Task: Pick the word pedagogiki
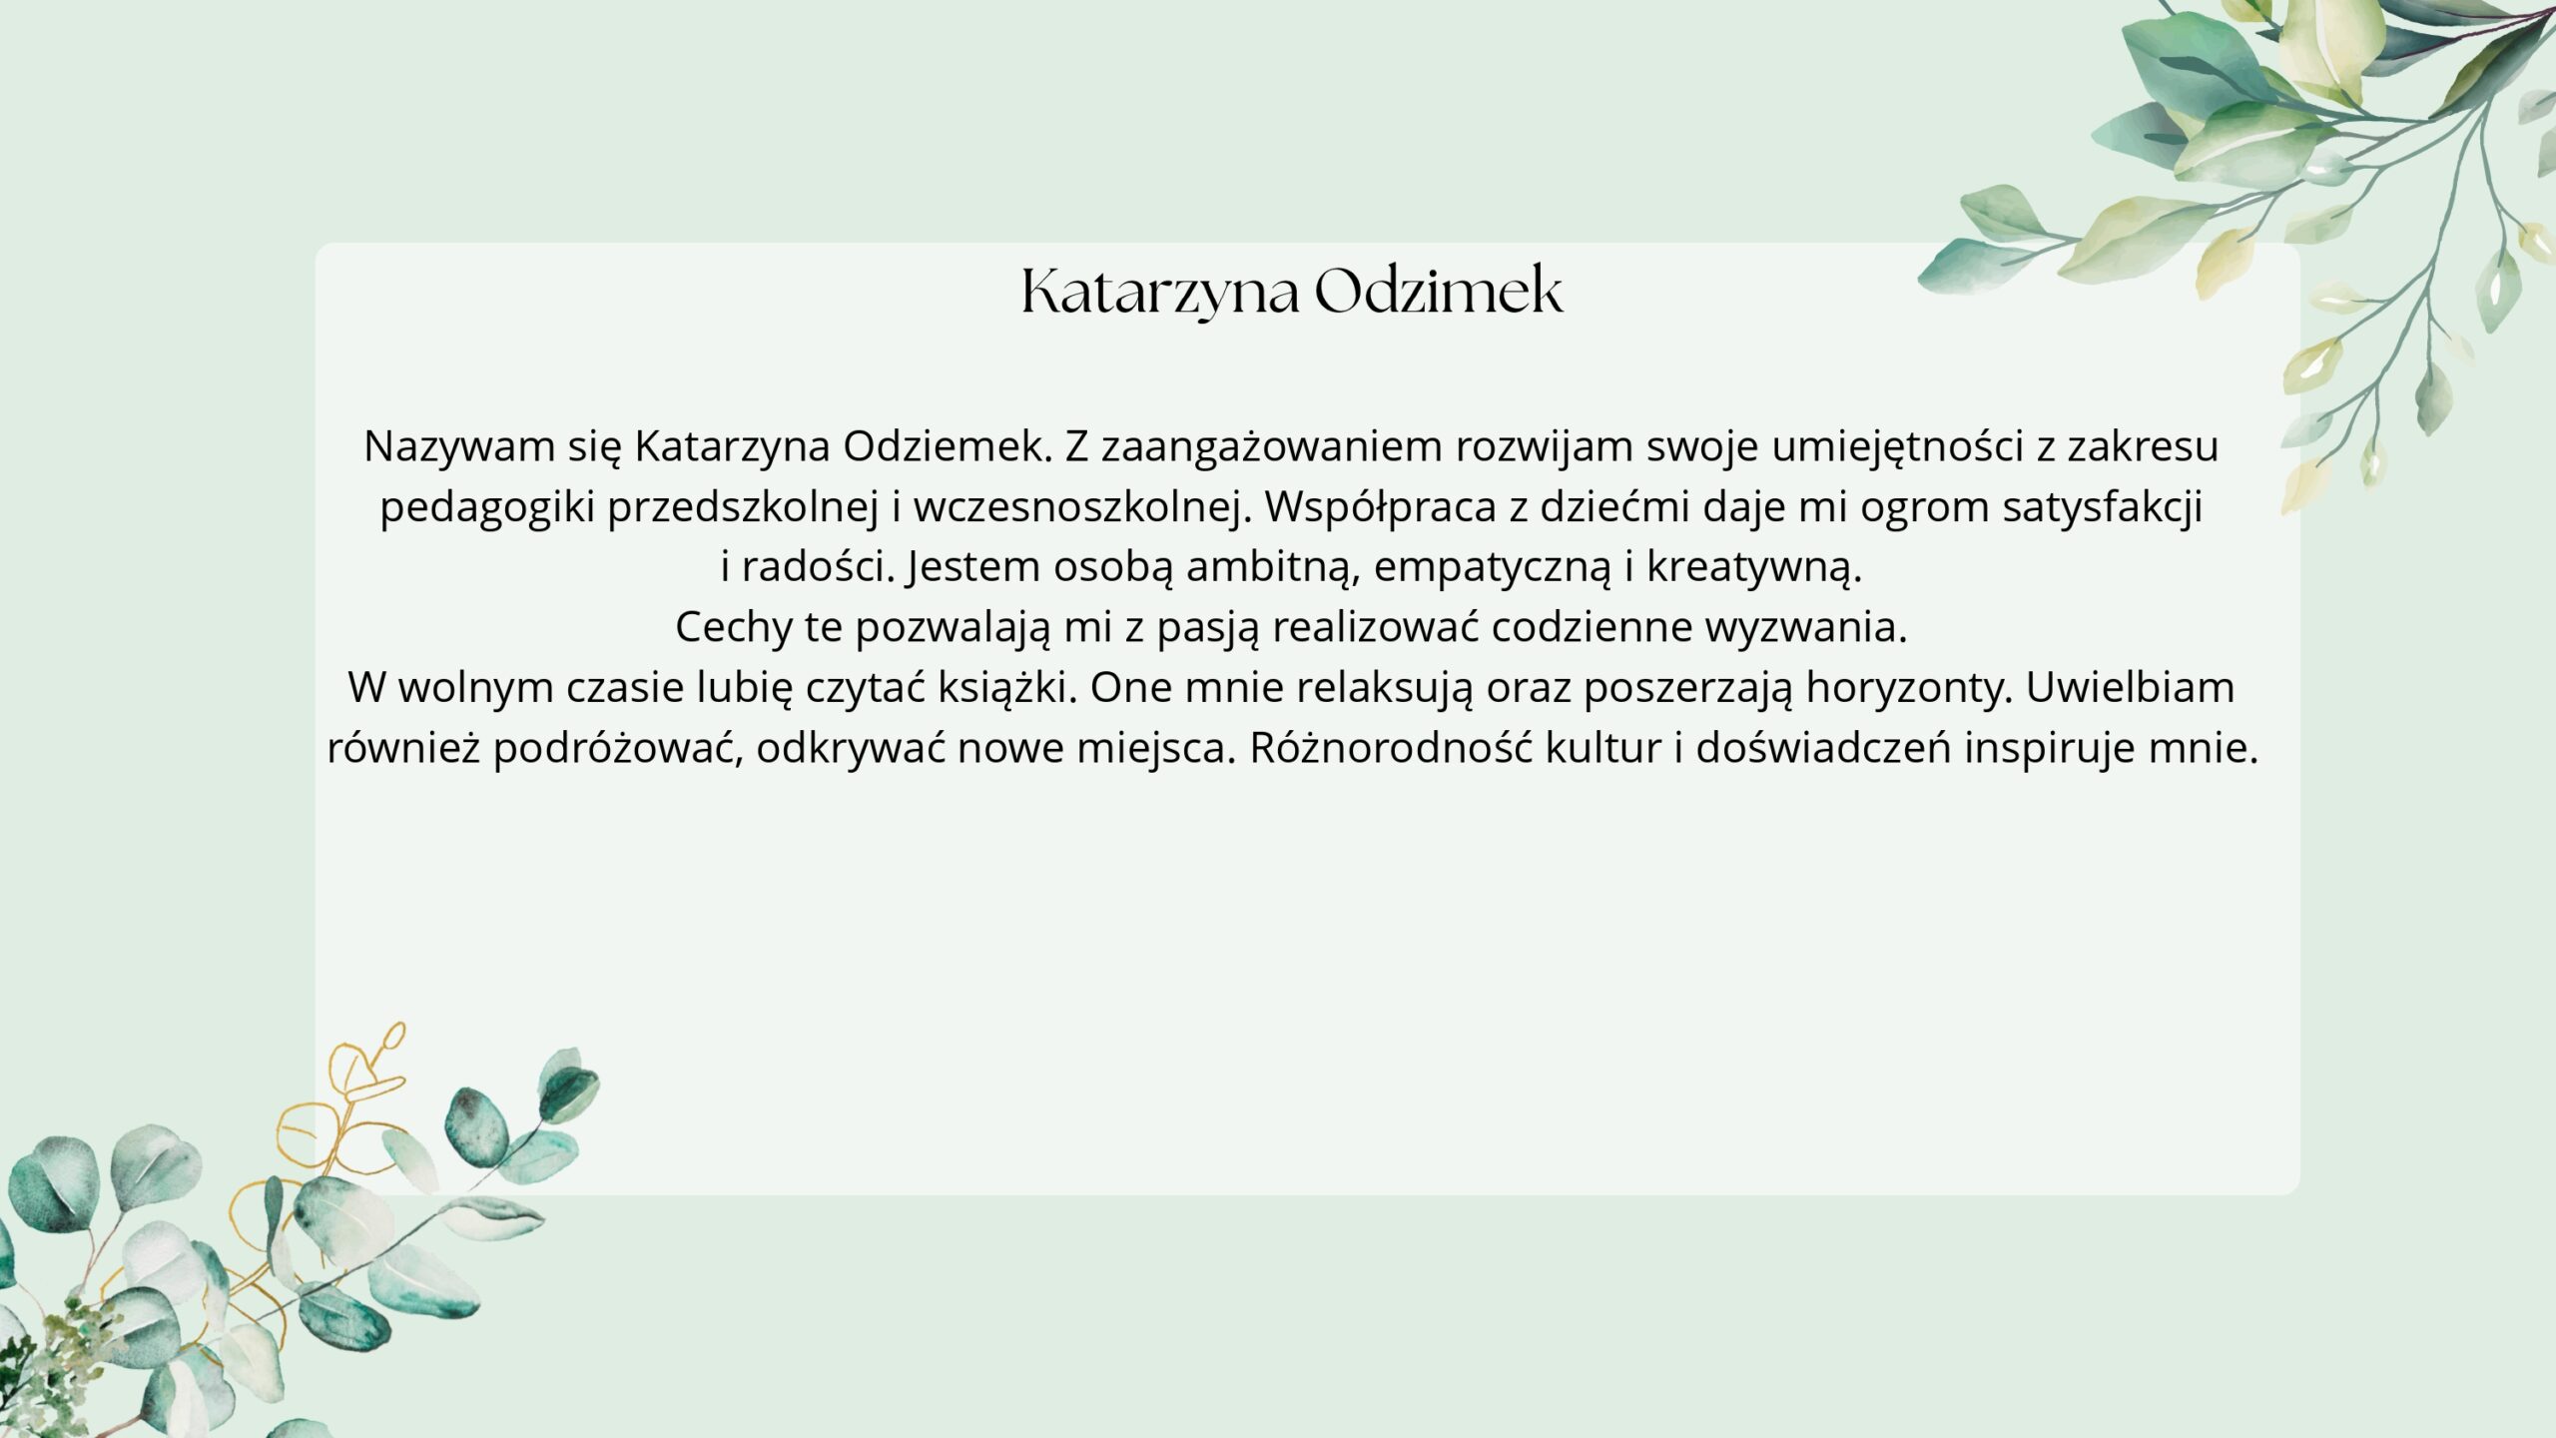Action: (488, 508)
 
